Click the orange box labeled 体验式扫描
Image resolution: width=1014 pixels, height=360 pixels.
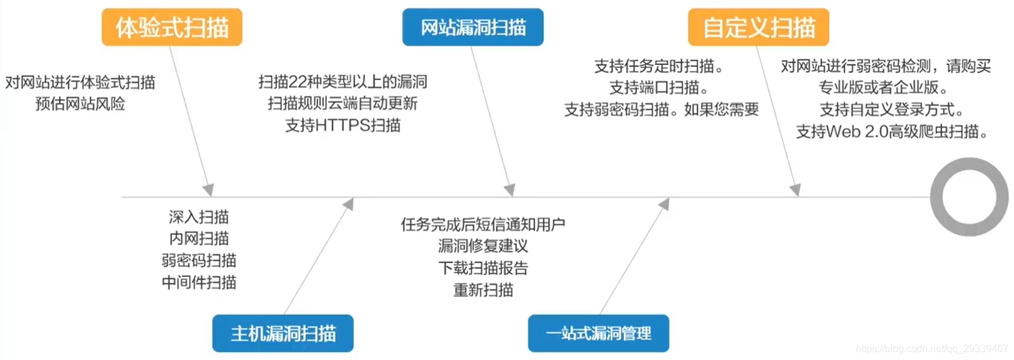[x=172, y=27]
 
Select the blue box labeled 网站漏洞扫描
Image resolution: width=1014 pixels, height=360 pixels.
[x=473, y=27]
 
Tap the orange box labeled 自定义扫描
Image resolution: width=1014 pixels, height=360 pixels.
[x=758, y=27]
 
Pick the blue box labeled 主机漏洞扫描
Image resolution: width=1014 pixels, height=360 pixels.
[x=283, y=334]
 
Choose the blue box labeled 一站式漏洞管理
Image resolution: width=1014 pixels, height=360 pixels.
[x=598, y=334]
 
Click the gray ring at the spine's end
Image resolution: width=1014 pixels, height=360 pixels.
[x=969, y=197]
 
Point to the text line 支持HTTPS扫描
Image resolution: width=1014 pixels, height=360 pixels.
[x=343, y=126]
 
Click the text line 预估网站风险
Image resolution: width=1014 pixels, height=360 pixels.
[x=80, y=104]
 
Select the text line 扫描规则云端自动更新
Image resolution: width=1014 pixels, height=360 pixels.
[x=343, y=104]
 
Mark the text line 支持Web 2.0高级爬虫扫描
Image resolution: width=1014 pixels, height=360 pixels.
[x=892, y=132]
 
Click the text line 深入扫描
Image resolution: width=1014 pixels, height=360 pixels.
[x=199, y=217]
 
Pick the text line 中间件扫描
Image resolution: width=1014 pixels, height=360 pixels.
[x=199, y=282]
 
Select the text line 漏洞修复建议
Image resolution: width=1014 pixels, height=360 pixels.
[x=483, y=246]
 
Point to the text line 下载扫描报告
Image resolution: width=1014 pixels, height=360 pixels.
[x=483, y=268]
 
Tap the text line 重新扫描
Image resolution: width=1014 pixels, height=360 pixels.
[x=483, y=290]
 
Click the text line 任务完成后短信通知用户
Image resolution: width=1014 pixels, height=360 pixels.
[x=483, y=224]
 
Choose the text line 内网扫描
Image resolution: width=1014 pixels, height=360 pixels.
[x=199, y=239]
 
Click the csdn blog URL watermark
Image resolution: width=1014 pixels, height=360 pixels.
[x=931, y=349]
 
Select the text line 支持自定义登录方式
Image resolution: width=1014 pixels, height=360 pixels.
[x=892, y=110]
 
